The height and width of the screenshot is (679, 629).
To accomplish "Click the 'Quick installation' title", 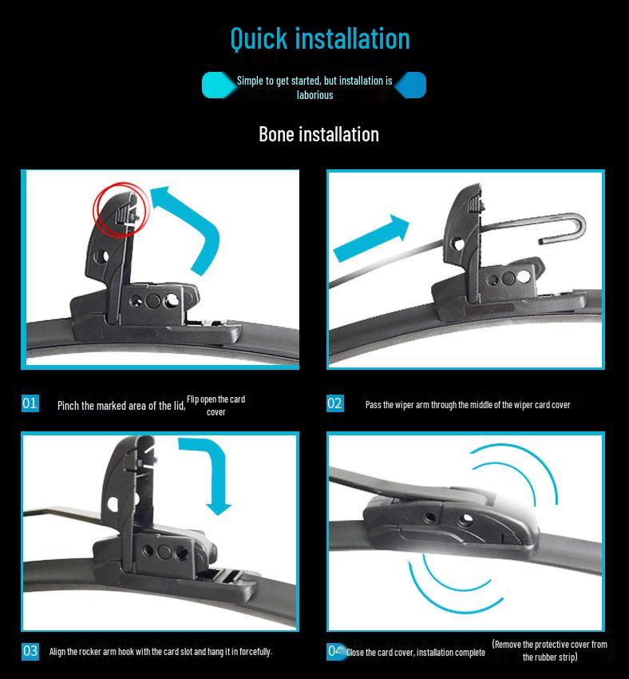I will [319, 38].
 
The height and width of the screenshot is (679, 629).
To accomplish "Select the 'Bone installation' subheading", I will [318, 134].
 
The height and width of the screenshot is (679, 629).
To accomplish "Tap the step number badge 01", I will [30, 403].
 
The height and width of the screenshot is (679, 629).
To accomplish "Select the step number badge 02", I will [334, 403].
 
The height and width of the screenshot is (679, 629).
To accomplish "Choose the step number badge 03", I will [30, 651].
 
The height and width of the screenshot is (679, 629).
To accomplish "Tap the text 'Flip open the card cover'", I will [216, 406].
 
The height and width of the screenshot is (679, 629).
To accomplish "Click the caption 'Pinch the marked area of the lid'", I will [121, 406].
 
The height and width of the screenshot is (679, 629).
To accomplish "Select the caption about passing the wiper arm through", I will [468, 405].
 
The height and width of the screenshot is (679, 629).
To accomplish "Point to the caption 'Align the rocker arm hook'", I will [160, 652].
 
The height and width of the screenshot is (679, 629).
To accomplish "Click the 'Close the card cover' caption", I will [415, 653].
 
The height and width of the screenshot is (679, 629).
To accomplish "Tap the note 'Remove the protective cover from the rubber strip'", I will [549, 650].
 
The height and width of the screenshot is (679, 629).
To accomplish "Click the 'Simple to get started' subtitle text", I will [314, 87].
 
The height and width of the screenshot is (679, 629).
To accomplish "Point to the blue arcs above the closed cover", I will [511, 471].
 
